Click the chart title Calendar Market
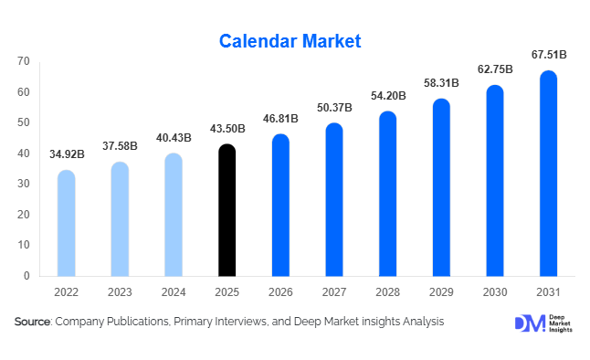coord(290,41)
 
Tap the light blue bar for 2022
coord(67,224)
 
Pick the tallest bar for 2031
coord(548,174)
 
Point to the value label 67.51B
coord(548,55)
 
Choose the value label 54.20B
coord(387,95)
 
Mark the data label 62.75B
coord(494,69)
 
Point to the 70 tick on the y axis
coord(23,61)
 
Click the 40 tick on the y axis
coord(23,154)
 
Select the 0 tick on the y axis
coord(26,276)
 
